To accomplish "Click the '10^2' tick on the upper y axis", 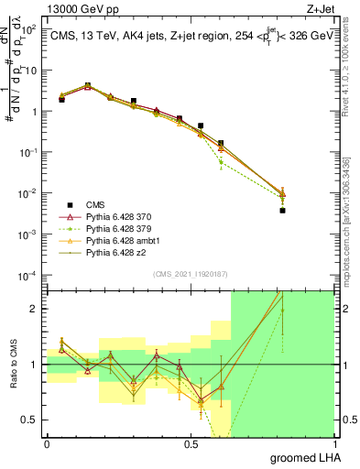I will [29, 28].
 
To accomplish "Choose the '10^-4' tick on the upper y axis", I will [27, 275].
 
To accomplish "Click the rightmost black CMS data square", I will [282, 211].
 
